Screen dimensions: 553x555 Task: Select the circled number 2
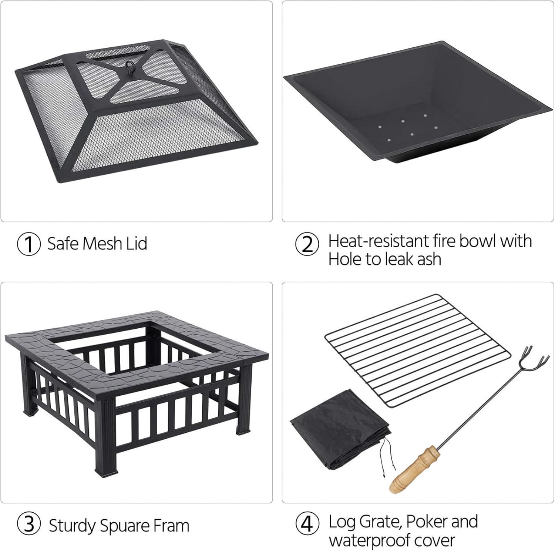pos(307,244)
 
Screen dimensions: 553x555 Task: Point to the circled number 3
pos(28,525)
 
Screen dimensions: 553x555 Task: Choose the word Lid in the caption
pos(137,244)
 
